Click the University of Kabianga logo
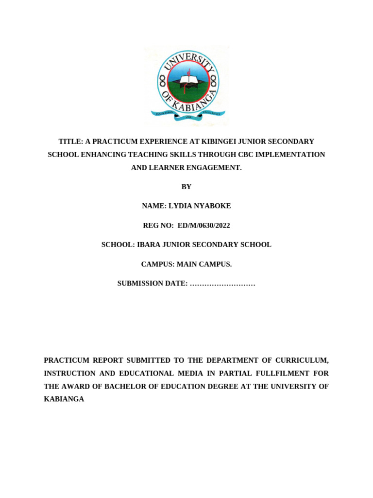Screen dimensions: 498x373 (x=187, y=86)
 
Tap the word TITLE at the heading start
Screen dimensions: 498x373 (x=70, y=142)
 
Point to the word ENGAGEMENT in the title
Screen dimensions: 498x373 (x=217, y=168)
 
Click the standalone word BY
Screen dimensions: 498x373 (x=186, y=187)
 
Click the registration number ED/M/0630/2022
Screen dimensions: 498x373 (x=204, y=226)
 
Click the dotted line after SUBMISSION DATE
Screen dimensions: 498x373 (x=222, y=284)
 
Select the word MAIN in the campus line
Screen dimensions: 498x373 (x=187, y=265)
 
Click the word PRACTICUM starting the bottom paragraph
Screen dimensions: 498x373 (x=67, y=360)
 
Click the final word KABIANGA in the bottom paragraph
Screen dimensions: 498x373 (x=64, y=399)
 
